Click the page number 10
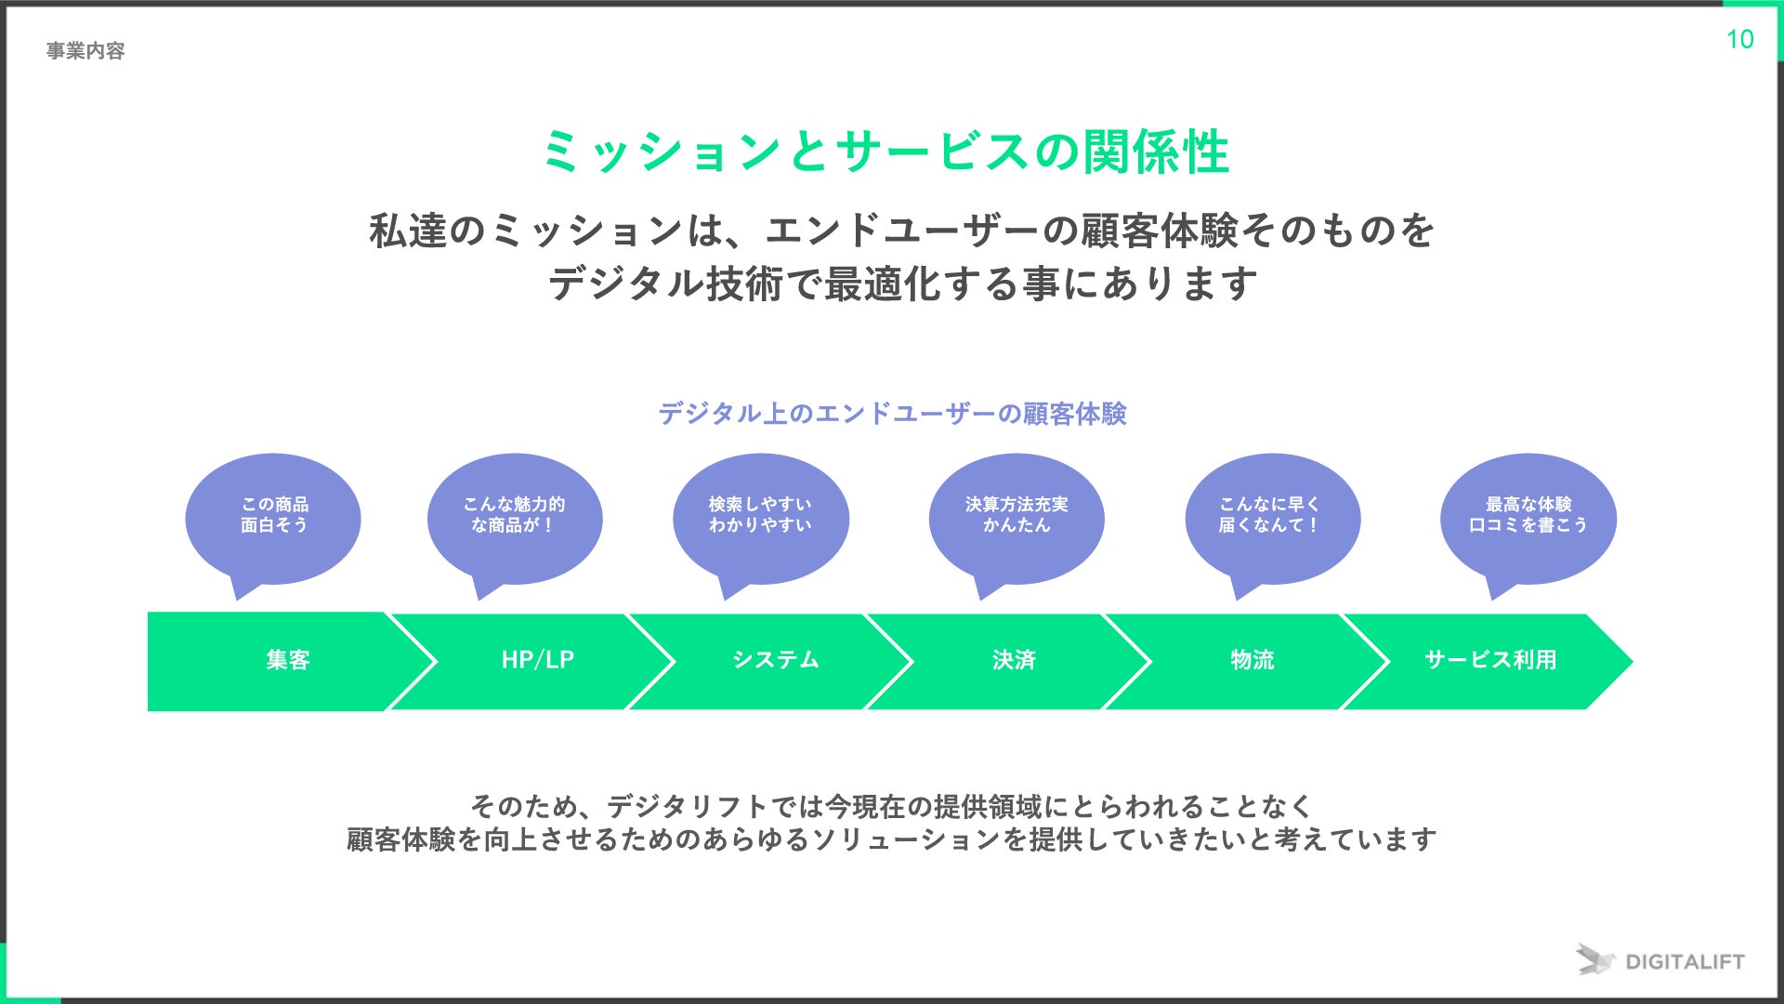pos(1739,39)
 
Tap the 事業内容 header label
pos(85,51)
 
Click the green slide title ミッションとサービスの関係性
pos(886,152)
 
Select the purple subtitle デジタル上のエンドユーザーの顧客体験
pos(892,414)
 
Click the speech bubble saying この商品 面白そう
pos(273,515)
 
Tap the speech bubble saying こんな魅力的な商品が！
pos(514,515)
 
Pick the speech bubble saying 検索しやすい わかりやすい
pos(760,515)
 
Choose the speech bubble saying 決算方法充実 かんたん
pos(1017,515)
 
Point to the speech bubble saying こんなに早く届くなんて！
pos(1271,515)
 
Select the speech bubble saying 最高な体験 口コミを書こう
pos(1528,515)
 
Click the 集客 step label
pos(288,660)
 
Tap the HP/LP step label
pos(538,660)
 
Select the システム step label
pos(776,660)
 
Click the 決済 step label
pos(1014,660)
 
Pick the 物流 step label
pos(1253,660)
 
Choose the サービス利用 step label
pos(1490,660)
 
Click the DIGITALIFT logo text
pos(1685,962)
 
